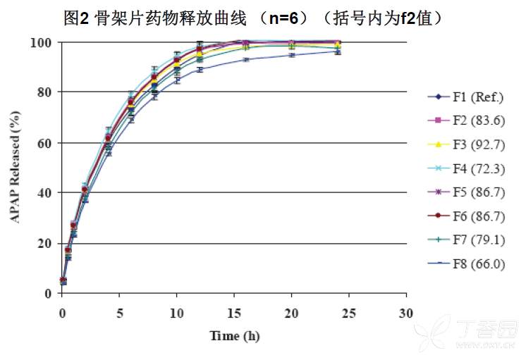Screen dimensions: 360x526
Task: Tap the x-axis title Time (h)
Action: (235, 335)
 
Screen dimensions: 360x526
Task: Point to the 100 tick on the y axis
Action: (44, 42)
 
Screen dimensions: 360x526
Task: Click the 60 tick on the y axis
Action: (47, 142)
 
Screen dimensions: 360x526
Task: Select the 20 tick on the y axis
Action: (47, 243)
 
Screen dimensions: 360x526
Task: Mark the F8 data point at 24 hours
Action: (338, 51)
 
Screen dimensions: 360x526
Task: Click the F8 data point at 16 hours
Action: (246, 59)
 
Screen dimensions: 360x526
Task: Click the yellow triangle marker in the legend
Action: (438, 144)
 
